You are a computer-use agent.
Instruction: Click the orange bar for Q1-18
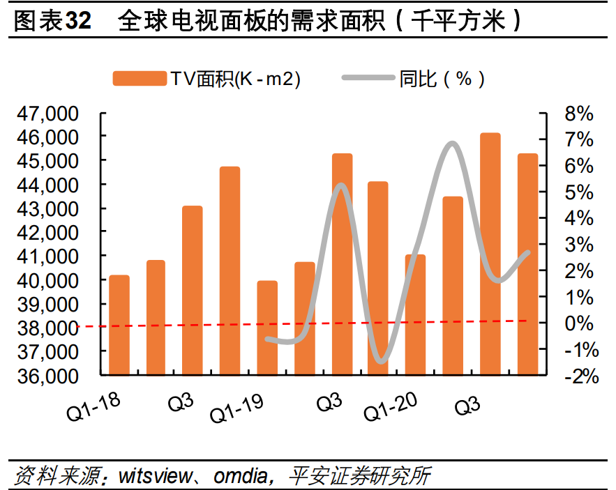pyautogui.click(x=119, y=325)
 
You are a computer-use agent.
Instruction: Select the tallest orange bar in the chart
pyautogui.click(x=490, y=254)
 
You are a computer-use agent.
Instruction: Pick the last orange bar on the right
pyautogui.click(x=527, y=264)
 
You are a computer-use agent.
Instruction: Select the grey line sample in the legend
pyautogui.click(x=368, y=79)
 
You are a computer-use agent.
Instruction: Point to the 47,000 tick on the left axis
pyautogui.click(x=54, y=114)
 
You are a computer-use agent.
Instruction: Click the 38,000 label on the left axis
pyautogui.click(x=54, y=328)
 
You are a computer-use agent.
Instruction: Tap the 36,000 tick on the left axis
pyautogui.click(x=54, y=376)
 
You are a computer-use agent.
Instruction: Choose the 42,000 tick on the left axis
pyautogui.click(x=54, y=233)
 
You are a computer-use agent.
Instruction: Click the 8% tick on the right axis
pyautogui.click(x=578, y=114)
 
